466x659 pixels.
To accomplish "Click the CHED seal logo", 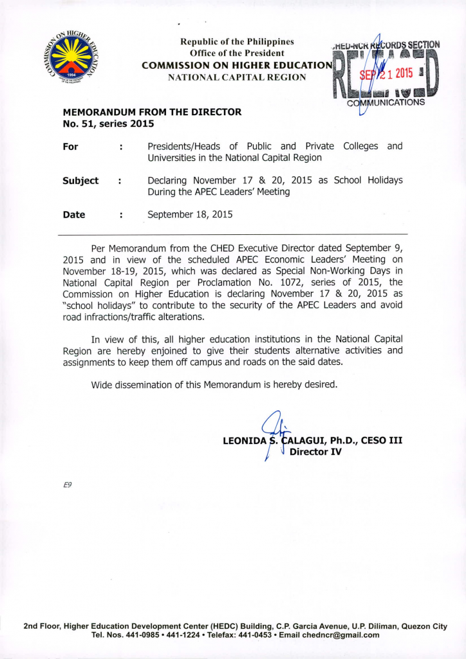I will [x=71, y=58].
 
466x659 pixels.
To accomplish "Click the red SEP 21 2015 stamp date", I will [x=384, y=73].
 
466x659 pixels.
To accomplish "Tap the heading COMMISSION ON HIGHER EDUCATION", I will [x=236, y=66].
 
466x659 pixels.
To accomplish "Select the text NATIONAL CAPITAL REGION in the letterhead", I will [x=236, y=77].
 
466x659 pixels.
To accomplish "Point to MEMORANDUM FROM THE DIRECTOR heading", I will [x=152, y=112].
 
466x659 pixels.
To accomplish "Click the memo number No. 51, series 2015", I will [x=108, y=124].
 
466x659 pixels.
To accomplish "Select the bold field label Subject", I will [x=80, y=181].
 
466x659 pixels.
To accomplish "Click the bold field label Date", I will [x=74, y=215].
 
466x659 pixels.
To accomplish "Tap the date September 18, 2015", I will [x=190, y=215].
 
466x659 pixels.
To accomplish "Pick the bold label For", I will [x=70, y=147].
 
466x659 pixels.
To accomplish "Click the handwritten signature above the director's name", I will [x=275, y=430].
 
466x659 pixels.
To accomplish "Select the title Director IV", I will [x=315, y=452].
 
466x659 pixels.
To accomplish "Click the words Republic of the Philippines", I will [x=236, y=42].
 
